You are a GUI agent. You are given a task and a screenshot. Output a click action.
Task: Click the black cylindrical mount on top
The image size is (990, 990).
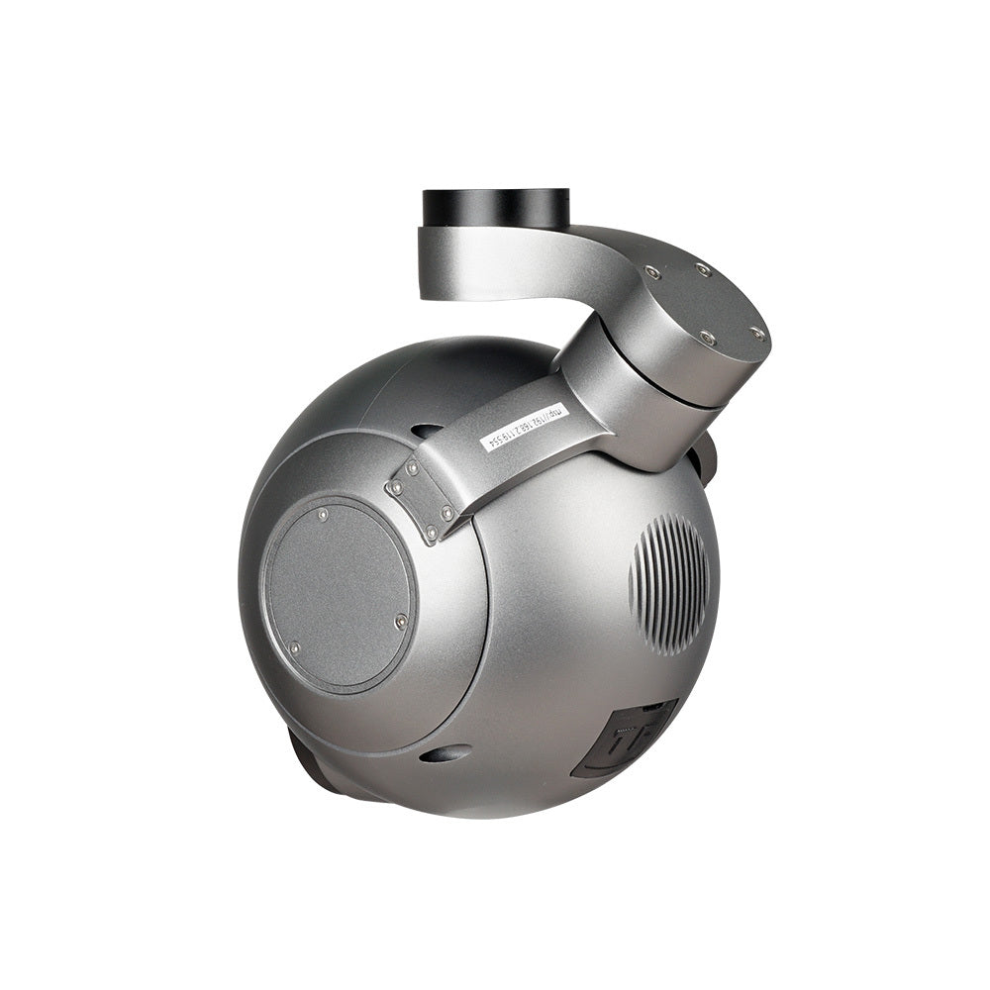pos(496,208)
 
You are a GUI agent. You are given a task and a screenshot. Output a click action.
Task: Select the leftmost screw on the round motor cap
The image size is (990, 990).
pos(652,272)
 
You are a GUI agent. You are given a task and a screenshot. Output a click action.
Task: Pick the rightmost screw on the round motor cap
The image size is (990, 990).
pos(757,333)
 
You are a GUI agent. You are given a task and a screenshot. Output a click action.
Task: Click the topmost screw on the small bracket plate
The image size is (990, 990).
pos(411,467)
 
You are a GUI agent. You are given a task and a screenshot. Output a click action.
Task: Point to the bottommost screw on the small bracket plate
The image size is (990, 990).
pos(432,534)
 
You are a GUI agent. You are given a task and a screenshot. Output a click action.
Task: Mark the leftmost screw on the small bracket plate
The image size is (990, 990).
pos(396,488)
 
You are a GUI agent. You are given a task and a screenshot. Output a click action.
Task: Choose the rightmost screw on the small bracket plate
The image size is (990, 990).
pos(447,513)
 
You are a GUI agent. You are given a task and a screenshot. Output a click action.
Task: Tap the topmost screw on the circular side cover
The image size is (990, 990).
pos(323,515)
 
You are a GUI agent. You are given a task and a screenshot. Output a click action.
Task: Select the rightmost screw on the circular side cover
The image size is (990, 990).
pos(400,621)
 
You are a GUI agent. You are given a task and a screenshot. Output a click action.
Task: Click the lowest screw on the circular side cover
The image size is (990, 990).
pos(294,648)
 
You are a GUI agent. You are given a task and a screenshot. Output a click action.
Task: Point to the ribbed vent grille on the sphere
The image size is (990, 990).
pos(670,584)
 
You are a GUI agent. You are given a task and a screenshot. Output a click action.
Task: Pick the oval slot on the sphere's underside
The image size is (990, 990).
pos(445,753)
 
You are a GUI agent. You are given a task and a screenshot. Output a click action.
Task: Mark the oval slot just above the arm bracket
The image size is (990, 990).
pos(427,432)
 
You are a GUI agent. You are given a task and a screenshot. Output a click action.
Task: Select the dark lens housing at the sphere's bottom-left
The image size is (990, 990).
pos(312,767)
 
